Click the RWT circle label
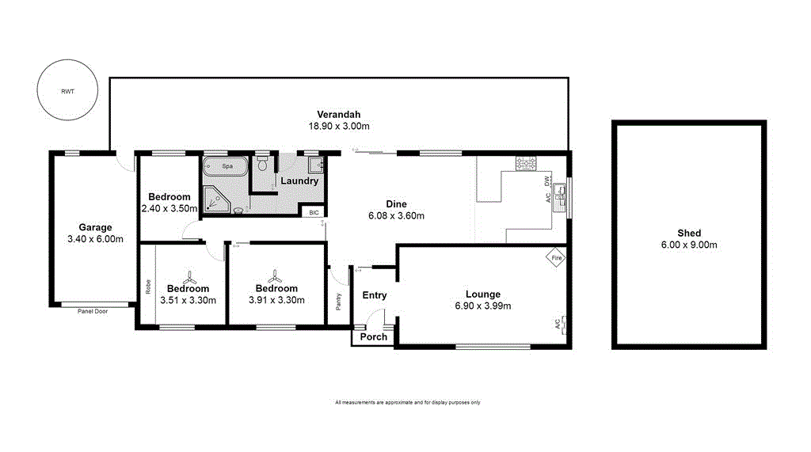pyautogui.click(x=67, y=91)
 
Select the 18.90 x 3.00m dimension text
pyautogui.click(x=339, y=126)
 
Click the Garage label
pyautogui.click(x=95, y=227)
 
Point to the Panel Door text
pyautogui.click(x=93, y=311)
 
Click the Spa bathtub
pyautogui.click(x=226, y=167)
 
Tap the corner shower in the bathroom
pyautogui.click(x=215, y=199)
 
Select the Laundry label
pyautogui.click(x=299, y=180)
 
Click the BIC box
pyautogui.click(x=314, y=212)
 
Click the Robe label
pyautogui.click(x=148, y=287)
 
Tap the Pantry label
pyautogui.click(x=338, y=302)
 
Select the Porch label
pyautogui.click(x=374, y=336)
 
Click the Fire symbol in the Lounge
pyautogui.click(x=557, y=258)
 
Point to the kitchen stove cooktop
pyautogui.click(x=527, y=164)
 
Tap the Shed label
pyautogui.click(x=688, y=233)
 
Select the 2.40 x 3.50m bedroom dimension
pyautogui.click(x=169, y=209)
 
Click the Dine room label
pyautogui.click(x=396, y=203)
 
